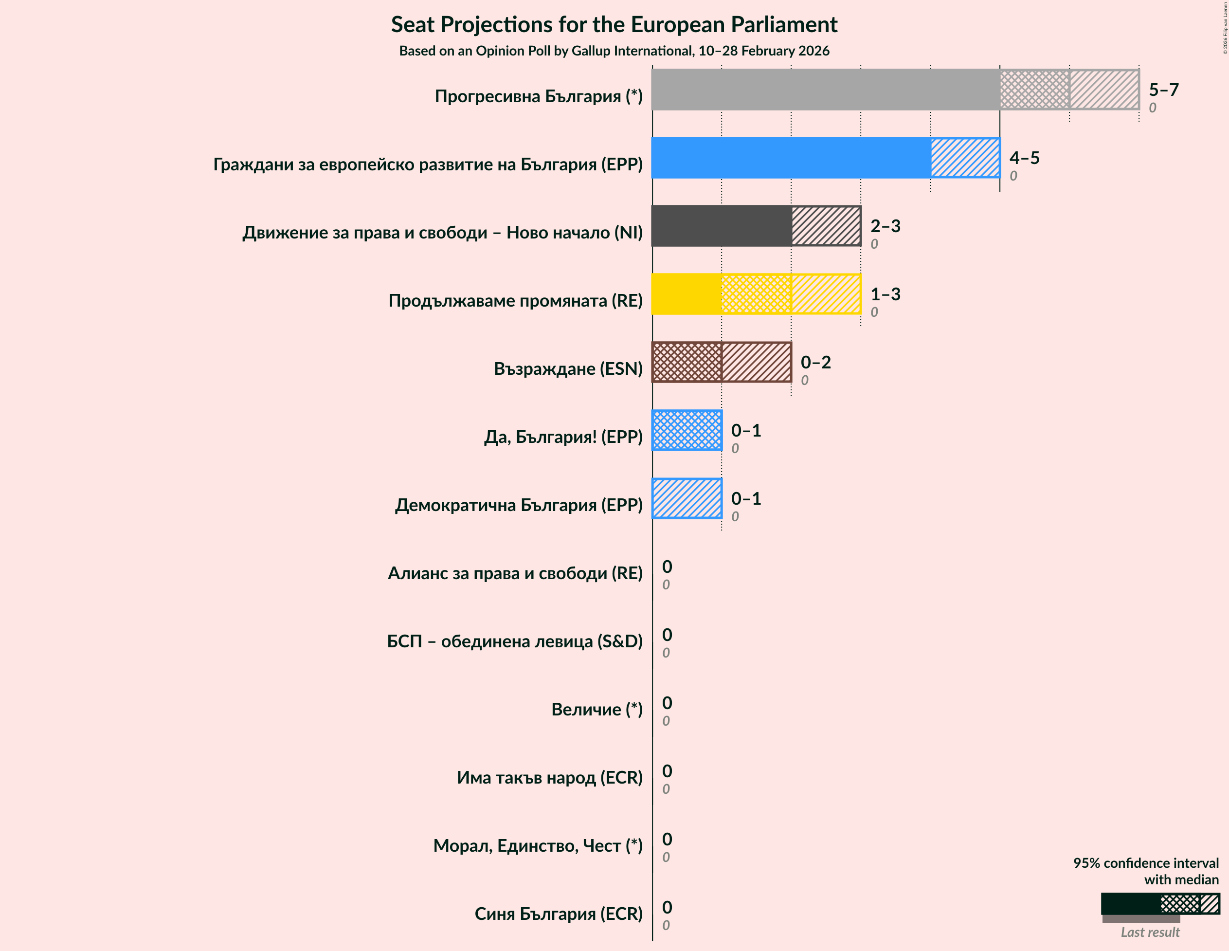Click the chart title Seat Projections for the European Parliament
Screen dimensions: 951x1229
614,25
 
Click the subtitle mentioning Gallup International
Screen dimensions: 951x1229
614,51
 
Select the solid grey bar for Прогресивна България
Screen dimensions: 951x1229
825,90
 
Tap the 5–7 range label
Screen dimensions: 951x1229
1163,90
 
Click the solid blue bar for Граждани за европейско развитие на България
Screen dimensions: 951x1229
791,158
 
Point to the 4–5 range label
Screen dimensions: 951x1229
1024,158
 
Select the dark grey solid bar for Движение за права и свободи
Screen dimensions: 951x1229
722,226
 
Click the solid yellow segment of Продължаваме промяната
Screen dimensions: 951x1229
687,294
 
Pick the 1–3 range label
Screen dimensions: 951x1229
885,294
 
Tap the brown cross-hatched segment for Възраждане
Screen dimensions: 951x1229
687,362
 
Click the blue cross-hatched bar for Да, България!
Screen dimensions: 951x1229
687,430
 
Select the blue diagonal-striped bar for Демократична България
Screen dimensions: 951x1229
687,498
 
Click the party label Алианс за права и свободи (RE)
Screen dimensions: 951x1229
515,573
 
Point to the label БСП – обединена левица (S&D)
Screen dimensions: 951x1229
514,641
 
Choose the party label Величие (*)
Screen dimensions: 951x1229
596,710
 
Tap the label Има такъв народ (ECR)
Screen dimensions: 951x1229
549,778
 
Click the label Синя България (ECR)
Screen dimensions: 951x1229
558,914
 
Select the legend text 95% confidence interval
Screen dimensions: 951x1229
1145,863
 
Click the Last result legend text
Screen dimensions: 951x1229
1150,933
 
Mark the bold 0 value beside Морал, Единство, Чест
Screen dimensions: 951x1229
667,840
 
